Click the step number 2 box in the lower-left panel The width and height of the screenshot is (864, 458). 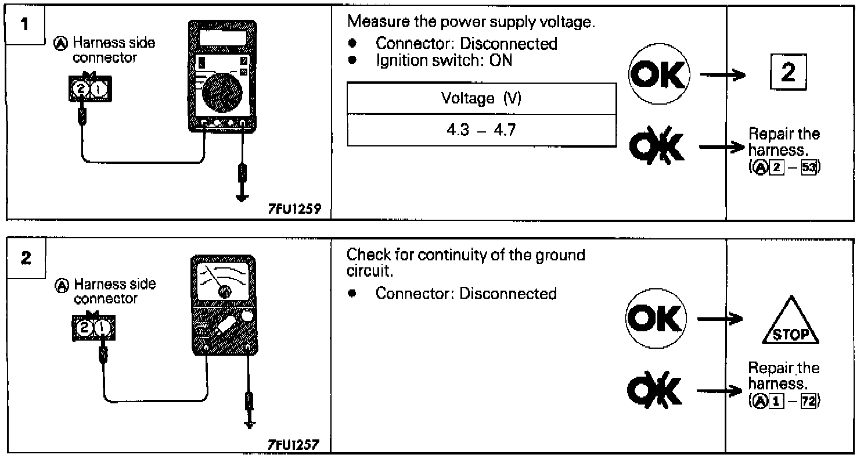tap(25, 257)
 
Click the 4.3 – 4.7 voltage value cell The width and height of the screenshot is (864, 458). tap(481, 129)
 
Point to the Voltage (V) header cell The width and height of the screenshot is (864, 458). tap(481, 98)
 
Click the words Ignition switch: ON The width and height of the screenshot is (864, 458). tap(444, 60)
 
